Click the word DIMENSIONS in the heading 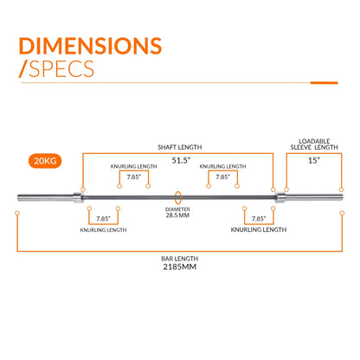(90, 46)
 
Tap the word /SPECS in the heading (56, 68)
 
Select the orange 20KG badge (45, 161)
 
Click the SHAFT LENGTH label (180, 147)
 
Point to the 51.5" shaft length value (181, 160)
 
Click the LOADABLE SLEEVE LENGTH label (314, 145)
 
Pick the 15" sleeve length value (314, 160)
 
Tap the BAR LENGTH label (179, 259)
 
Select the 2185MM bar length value (179, 267)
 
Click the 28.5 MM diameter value (177, 215)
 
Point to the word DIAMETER (177, 209)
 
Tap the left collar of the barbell (78, 197)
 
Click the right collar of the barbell (280, 197)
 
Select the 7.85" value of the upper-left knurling (134, 177)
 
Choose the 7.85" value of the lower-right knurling (259, 219)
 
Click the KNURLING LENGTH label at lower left (103, 230)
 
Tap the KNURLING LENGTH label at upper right (222, 166)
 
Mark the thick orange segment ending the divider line (324, 83)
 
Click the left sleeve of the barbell (45, 197)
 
